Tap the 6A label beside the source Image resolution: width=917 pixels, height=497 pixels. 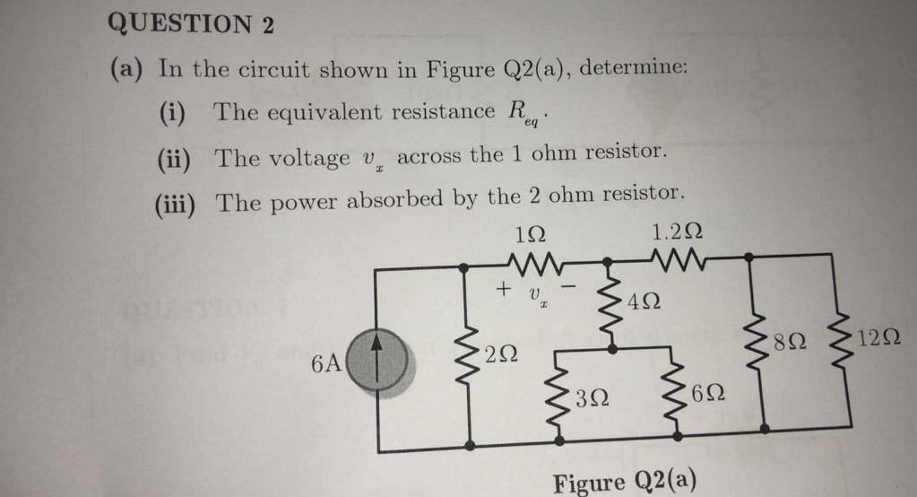[x=326, y=364]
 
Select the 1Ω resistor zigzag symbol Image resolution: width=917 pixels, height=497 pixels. [x=535, y=264]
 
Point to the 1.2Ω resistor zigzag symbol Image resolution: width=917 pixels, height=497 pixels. [x=678, y=261]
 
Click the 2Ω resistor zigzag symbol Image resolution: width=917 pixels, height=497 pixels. [x=469, y=355]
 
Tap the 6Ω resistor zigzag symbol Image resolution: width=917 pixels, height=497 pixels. [x=677, y=392]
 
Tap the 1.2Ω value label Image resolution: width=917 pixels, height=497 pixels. [x=678, y=232]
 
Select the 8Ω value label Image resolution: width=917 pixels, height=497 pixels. [x=792, y=342]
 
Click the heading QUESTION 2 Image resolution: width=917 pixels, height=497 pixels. [x=190, y=24]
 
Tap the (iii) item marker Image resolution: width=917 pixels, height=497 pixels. [x=175, y=203]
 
